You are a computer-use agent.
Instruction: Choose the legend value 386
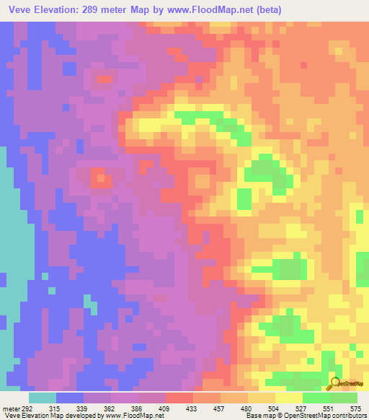138,408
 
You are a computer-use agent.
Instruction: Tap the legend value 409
165,408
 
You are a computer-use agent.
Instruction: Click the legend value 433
192,408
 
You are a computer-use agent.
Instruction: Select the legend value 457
220,408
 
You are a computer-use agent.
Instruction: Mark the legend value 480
247,408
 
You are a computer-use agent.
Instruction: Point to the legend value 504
275,408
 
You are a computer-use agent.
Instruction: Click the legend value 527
302,408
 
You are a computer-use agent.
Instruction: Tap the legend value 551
329,408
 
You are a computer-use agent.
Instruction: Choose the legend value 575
356,408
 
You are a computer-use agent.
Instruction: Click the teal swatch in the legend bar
43,398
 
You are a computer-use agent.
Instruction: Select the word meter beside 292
11,408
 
